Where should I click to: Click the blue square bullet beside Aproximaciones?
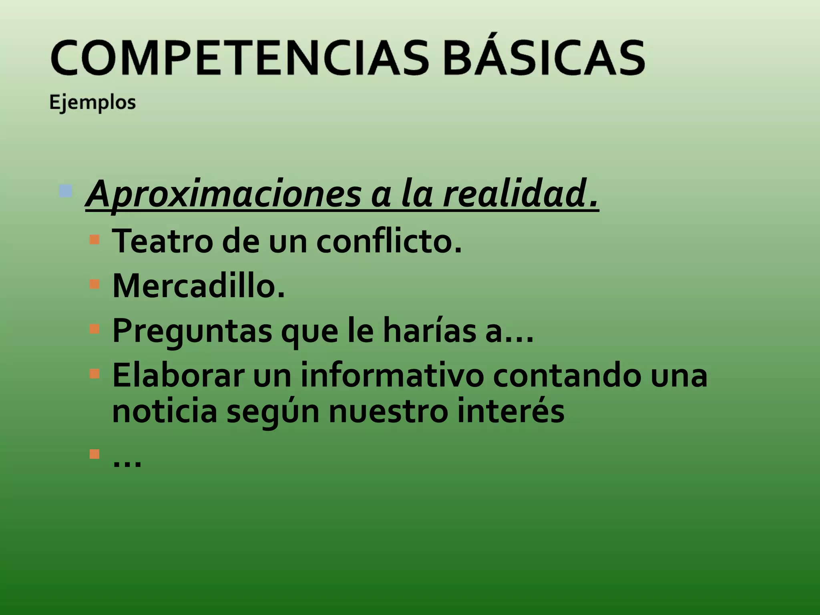click(65, 191)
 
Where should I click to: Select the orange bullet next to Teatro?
click(94, 239)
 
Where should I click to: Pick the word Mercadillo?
click(199, 286)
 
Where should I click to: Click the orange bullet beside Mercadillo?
click(94, 284)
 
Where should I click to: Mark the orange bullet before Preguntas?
click(94, 329)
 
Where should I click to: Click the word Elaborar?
click(178, 376)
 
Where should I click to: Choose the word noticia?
click(165, 412)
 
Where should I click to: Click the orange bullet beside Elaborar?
click(94, 374)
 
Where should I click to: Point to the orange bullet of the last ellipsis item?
click(94, 454)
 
